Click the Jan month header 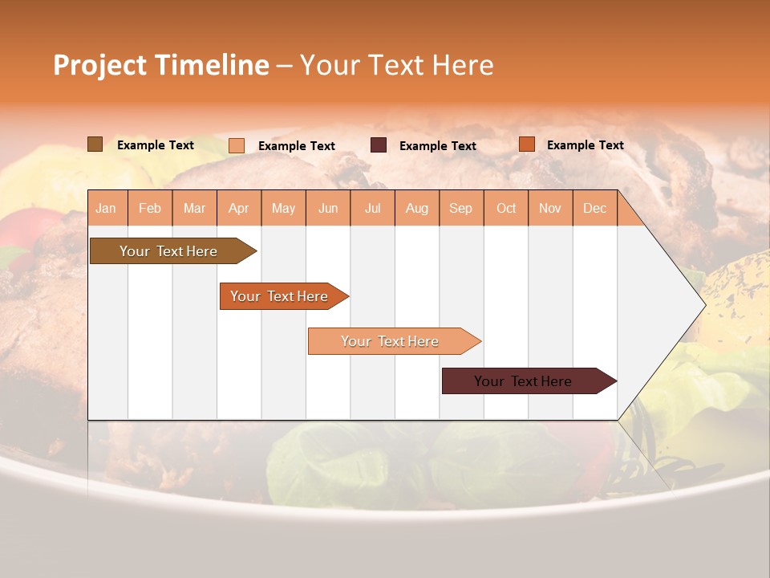(106, 209)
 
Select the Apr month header (239, 209)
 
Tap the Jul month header (372, 209)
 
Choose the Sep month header (460, 209)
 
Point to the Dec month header (594, 209)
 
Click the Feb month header (150, 209)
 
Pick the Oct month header (506, 209)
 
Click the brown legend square (95, 144)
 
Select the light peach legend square (237, 145)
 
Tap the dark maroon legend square (379, 145)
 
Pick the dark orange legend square (527, 144)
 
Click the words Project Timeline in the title (161, 65)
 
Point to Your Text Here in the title (396, 65)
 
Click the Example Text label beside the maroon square (437, 146)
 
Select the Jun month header (328, 209)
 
